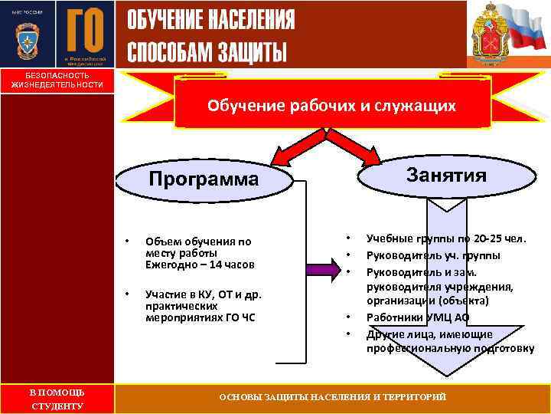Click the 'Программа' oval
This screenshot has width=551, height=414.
pos(205,180)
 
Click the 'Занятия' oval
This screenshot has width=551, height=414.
pos(446,175)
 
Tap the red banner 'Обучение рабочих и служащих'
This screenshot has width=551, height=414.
pos(332,106)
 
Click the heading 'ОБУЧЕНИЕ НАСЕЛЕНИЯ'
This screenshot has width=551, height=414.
pos(210,21)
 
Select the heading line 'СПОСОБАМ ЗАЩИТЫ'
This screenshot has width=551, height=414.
pos(207,51)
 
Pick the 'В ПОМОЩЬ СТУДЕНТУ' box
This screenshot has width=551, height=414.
pos(57,399)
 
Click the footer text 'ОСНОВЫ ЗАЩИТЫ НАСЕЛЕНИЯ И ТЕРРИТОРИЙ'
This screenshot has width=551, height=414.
pos(332,396)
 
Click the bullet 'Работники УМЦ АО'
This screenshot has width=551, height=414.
pos(418,317)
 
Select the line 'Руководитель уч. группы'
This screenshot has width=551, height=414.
pos(433,255)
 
